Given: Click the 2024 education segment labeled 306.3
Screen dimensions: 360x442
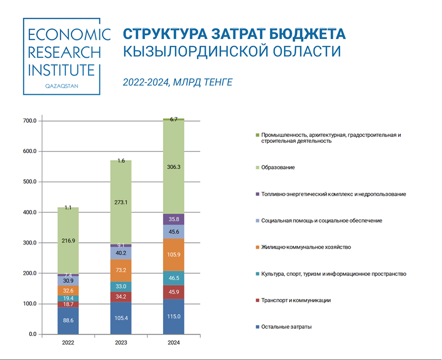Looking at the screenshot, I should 173,167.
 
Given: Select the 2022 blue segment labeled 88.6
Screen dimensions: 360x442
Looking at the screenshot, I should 68,320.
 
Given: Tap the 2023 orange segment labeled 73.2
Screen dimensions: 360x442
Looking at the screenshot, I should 120,271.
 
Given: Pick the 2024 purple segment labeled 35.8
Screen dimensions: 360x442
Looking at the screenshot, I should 173,219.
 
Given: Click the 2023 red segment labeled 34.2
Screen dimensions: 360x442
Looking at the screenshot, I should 120,297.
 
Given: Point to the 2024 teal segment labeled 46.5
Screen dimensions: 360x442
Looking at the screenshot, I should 173,278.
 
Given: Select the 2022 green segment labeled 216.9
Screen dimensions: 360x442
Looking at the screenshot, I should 68,241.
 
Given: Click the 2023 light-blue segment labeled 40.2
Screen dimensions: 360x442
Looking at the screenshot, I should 120,254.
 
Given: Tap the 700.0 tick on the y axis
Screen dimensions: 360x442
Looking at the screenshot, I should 29,121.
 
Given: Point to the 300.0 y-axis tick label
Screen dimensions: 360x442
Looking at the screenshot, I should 29,243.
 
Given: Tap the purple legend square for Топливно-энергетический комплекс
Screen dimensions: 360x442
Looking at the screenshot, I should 257,194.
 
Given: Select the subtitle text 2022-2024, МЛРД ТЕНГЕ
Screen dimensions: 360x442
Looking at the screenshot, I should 177,83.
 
